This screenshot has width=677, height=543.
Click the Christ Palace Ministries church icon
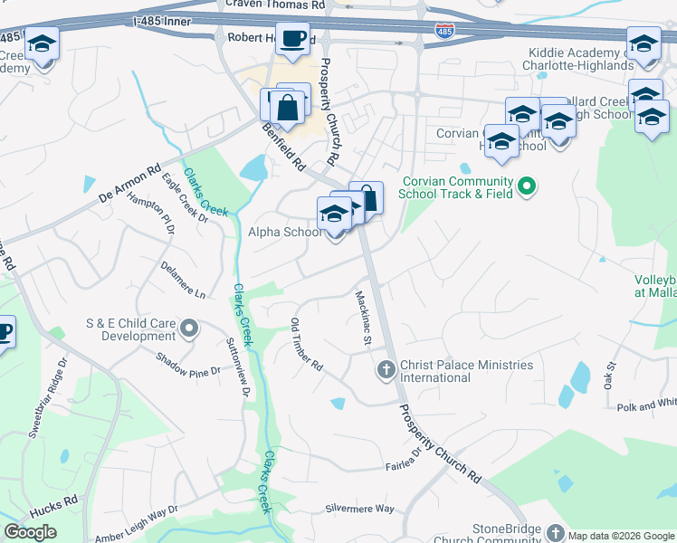(x=386, y=370)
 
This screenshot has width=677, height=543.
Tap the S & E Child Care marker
(x=189, y=329)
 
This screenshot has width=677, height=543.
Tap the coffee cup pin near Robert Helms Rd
(x=292, y=41)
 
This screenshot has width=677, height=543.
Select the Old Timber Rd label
(x=306, y=345)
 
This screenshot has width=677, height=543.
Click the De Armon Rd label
(x=129, y=181)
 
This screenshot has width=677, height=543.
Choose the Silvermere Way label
(x=359, y=509)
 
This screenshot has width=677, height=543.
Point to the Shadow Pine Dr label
(x=186, y=364)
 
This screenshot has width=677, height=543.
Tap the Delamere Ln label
(x=183, y=281)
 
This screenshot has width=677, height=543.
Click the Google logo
(x=30, y=532)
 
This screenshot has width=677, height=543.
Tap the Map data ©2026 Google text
(x=621, y=536)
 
